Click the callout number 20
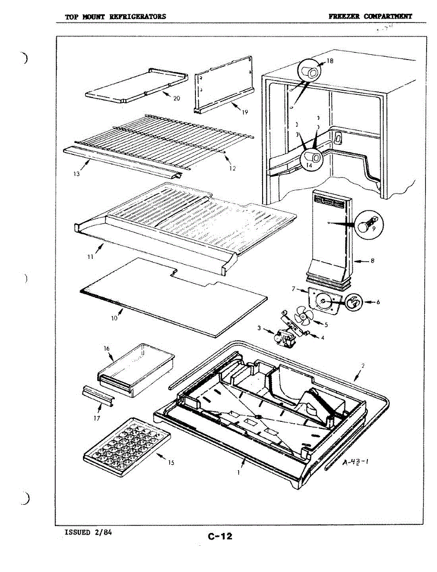[x=177, y=99]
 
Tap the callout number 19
[x=245, y=113]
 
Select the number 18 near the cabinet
[x=330, y=61]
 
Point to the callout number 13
[x=77, y=174]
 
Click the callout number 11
[x=90, y=257]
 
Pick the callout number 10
[x=114, y=318]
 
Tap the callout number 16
[x=107, y=349]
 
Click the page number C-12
[x=220, y=536]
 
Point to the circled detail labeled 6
[x=353, y=302]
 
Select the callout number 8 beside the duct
[x=373, y=261]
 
